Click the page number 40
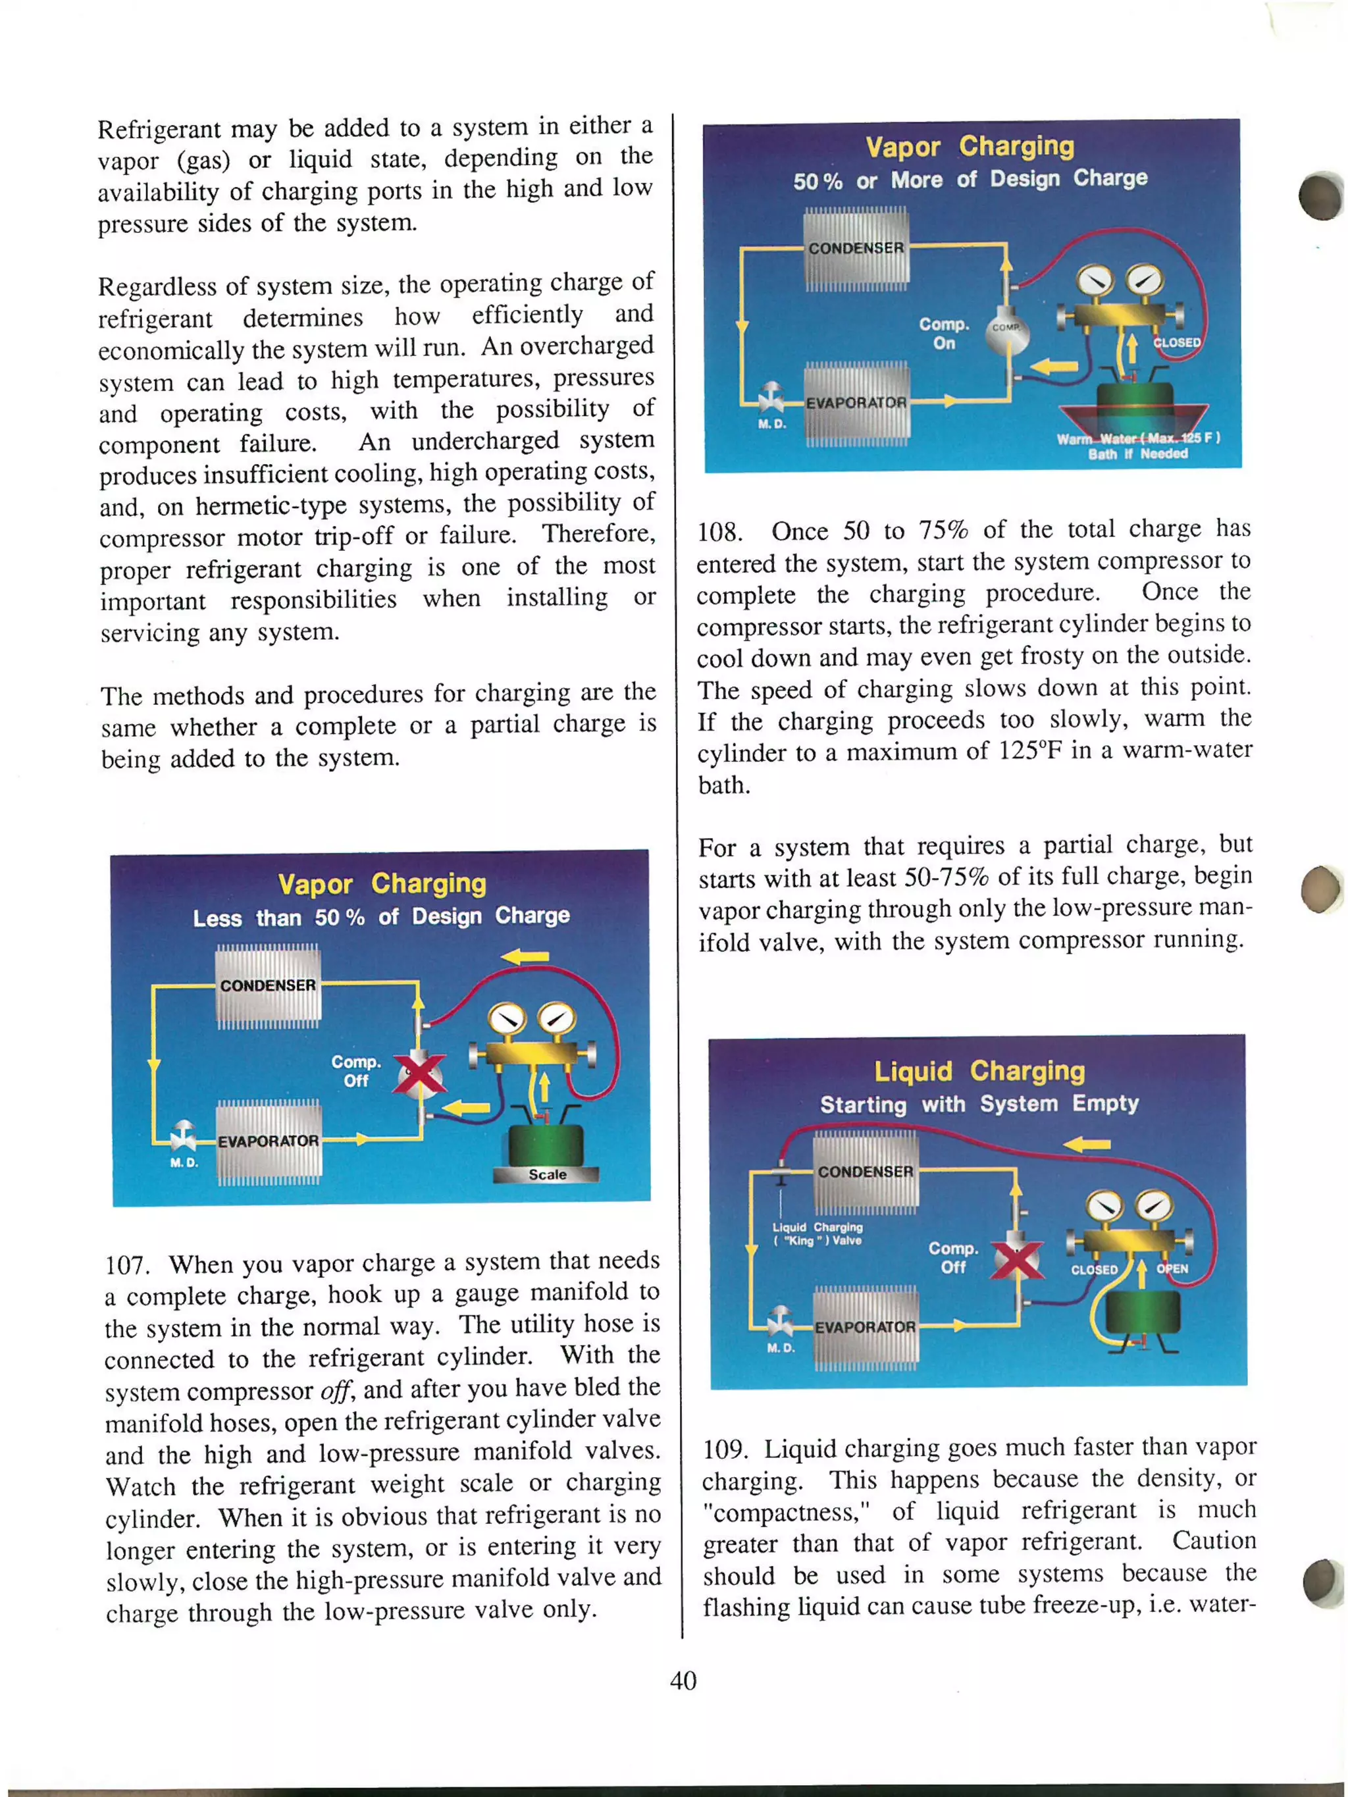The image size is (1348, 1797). pos(683,1679)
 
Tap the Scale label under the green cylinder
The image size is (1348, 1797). pos(547,1174)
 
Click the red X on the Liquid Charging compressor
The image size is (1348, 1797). pos(1016,1259)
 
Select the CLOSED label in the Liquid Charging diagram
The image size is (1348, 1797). pos(1094,1269)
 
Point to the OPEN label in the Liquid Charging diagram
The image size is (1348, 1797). pos(1172,1268)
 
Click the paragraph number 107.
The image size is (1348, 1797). pos(126,1266)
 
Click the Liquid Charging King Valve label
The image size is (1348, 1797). pos(817,1233)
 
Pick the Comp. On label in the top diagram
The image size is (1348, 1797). pos(944,333)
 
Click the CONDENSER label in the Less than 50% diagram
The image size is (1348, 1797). pos(267,985)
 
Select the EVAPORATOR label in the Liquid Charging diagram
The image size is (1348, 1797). pos(864,1326)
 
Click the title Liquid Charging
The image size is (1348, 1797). pos(979,1071)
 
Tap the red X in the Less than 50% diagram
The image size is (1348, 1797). pos(419,1074)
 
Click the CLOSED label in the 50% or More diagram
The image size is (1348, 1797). pos(1177,342)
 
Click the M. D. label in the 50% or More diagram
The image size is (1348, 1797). pos(772,424)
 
